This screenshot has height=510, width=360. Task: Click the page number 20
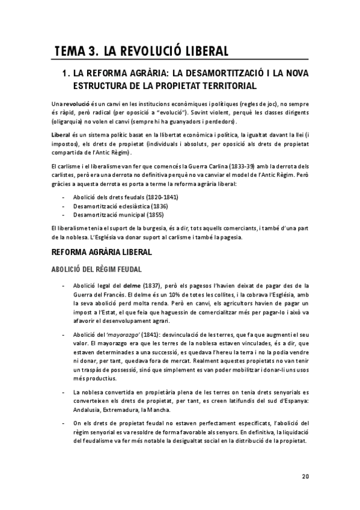coord(305,478)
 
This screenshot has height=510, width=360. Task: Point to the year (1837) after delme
coord(153,285)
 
